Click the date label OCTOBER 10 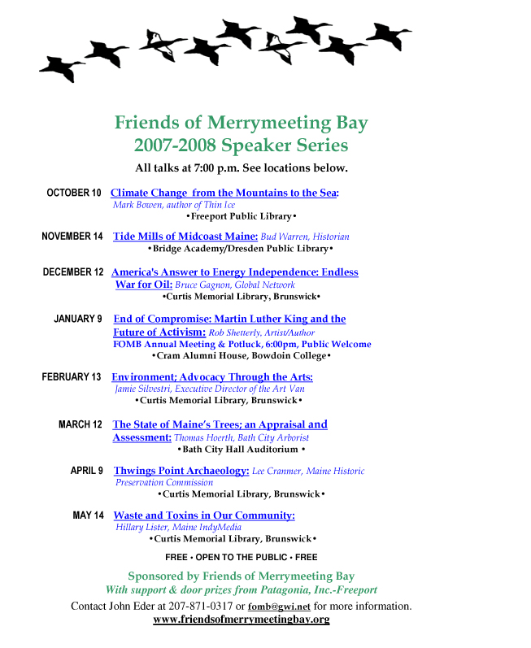(74, 193)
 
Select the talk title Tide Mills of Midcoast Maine (185, 237)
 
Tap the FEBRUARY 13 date (72, 377)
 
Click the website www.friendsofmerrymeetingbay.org (241, 620)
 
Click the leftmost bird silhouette (63, 67)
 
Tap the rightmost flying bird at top (388, 36)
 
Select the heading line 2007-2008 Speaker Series (241, 146)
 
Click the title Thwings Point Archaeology (181, 471)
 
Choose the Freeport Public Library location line (241, 217)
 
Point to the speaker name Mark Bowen (134, 205)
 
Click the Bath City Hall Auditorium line (241, 449)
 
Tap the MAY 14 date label (88, 515)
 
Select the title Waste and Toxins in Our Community (203, 515)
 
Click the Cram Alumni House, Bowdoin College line (242, 356)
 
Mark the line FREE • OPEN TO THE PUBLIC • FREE (241, 558)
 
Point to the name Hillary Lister (142, 528)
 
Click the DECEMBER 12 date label (73, 272)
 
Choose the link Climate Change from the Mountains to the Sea (224, 193)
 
